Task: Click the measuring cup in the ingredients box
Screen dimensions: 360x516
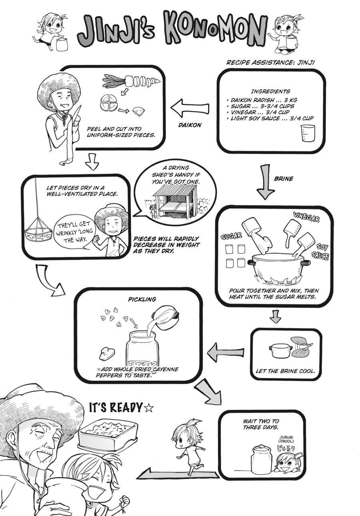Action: [x=308, y=133]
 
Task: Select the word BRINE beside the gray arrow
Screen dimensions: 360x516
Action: [x=284, y=179]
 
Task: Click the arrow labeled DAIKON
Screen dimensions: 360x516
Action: [x=190, y=108]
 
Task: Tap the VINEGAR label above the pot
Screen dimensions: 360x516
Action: [x=306, y=217]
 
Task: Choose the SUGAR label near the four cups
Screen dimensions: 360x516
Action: [x=231, y=236]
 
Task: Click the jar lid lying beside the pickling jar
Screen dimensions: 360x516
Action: [x=107, y=353]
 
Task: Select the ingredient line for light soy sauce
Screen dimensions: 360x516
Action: [x=270, y=118]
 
